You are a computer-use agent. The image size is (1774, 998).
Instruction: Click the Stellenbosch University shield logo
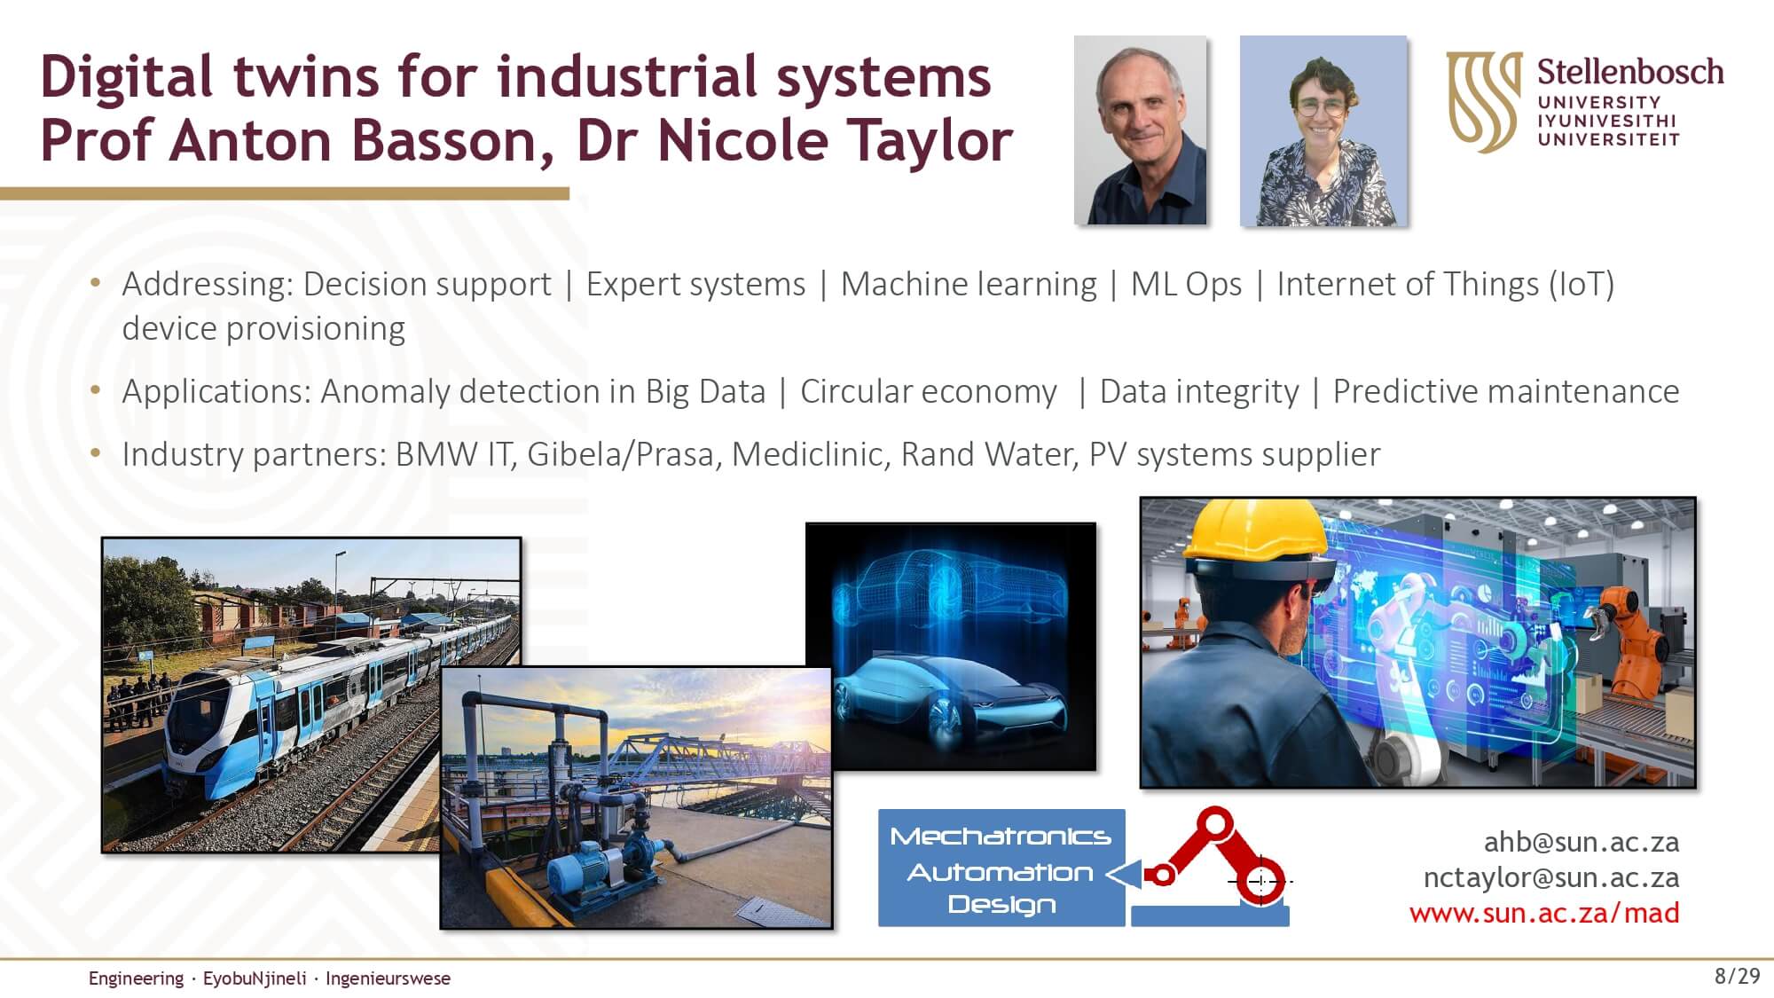pos(1484,101)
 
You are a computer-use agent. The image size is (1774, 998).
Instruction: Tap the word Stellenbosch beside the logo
pos(1630,73)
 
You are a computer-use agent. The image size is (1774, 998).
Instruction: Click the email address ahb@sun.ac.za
pos(1582,842)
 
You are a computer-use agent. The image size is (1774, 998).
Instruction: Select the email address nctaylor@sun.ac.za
pos(1551,877)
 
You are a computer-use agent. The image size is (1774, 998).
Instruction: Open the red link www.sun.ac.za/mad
pos(1544,913)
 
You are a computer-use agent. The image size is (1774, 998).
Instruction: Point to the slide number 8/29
pos(1737,977)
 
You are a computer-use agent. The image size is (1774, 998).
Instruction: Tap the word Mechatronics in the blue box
pos(1001,837)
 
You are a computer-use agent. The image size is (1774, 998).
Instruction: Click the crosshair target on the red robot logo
pos(1260,881)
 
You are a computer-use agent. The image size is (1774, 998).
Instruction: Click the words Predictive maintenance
pos(1506,391)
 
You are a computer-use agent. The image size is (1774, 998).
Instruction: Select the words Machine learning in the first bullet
pos(969,284)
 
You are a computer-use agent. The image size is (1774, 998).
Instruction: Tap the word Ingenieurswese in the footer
pos(388,978)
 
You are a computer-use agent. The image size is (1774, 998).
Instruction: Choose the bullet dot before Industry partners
pos(96,452)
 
